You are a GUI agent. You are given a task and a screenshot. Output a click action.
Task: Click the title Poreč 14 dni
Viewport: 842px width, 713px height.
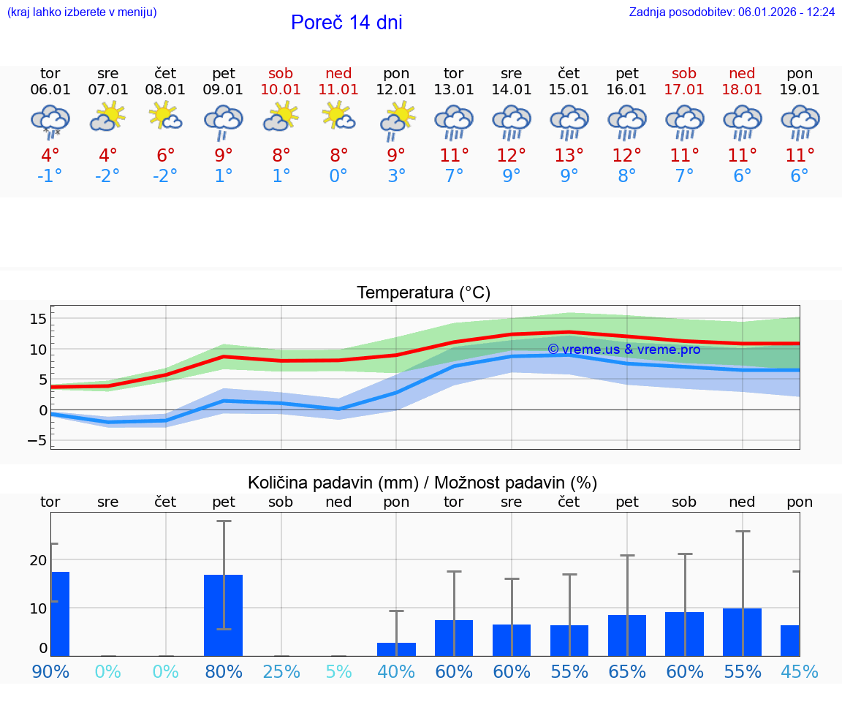click(346, 23)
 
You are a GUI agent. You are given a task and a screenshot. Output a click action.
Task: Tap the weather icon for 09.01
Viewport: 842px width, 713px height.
click(224, 121)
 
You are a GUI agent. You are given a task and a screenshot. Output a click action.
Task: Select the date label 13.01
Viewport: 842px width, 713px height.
click(454, 90)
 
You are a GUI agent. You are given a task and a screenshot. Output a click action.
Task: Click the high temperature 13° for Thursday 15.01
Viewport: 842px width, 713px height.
click(569, 155)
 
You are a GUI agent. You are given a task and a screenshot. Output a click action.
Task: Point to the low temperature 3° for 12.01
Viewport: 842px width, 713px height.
click(396, 176)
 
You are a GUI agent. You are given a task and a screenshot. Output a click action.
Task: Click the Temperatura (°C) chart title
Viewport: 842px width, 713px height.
click(424, 293)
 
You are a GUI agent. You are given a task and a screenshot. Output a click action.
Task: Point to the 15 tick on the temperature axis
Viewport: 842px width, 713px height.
click(38, 319)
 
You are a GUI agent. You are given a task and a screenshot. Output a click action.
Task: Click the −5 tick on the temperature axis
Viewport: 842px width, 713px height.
click(37, 440)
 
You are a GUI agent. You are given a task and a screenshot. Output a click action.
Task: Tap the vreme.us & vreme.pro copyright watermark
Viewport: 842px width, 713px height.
click(623, 350)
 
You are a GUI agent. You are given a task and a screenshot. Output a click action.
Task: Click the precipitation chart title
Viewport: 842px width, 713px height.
click(422, 483)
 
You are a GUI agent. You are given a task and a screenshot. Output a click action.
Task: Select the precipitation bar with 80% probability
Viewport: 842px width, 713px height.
click(224, 615)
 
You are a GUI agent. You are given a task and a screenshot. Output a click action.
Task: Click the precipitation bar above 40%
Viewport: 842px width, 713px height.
click(396, 649)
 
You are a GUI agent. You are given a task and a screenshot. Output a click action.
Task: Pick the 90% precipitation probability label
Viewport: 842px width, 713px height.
click(50, 671)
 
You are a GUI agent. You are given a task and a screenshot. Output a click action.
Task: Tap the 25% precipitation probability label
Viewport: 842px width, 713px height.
click(281, 671)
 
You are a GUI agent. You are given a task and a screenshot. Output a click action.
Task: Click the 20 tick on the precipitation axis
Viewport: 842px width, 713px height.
click(38, 560)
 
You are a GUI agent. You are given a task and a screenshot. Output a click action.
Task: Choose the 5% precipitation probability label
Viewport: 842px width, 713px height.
click(338, 671)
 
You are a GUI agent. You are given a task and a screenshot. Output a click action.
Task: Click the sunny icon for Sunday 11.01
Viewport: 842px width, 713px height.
click(338, 116)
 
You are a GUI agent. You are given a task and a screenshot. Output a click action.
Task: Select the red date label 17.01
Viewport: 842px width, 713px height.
click(685, 90)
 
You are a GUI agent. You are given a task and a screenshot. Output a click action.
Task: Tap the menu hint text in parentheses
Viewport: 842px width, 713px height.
click(82, 12)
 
